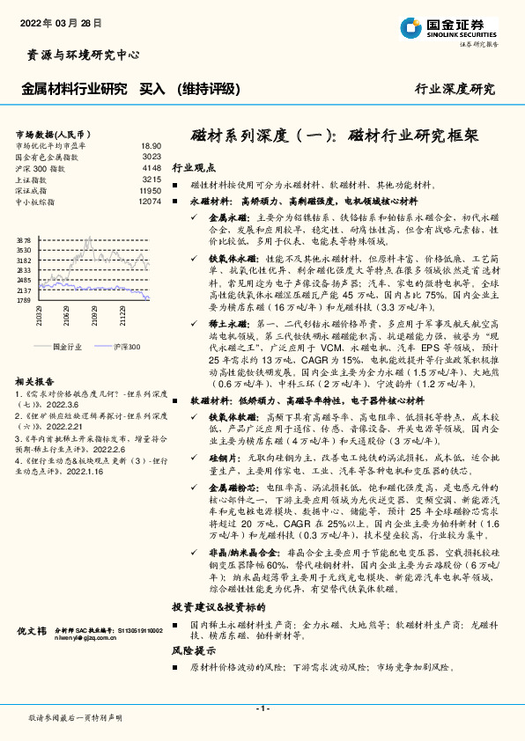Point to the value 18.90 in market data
[151, 145]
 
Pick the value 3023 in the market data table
[152, 156]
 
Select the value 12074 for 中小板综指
[150, 202]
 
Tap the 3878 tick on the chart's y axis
[24, 239]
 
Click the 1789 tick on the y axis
[24, 300]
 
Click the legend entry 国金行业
[67, 348]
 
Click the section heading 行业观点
[194, 166]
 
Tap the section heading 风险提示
[194, 651]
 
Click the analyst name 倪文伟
[32, 632]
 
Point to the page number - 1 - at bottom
[262, 708]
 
